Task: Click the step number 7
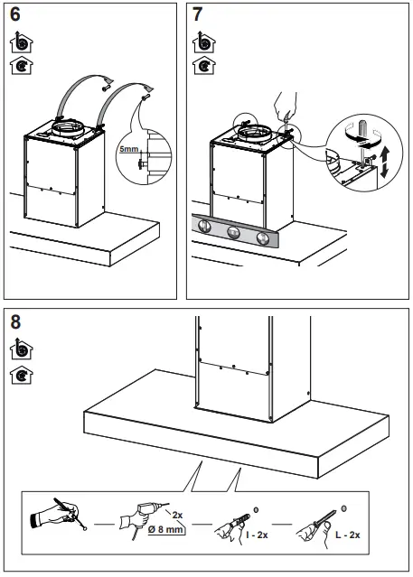199,16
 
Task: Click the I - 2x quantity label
258,536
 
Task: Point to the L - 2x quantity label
348,536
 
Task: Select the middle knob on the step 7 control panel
235,233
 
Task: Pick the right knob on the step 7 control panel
263,238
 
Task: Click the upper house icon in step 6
18,42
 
